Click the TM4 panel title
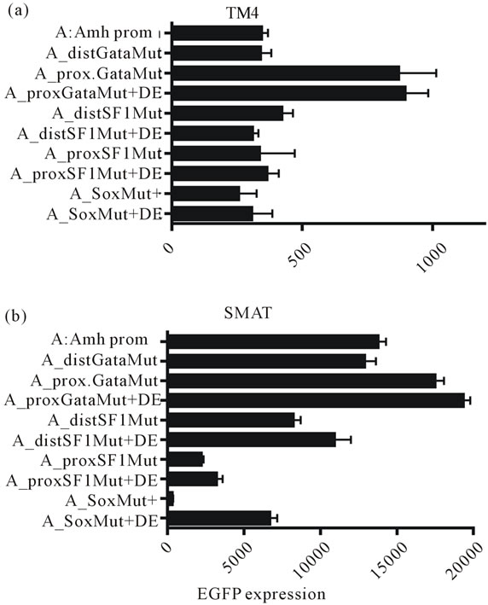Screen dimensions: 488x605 [242, 14]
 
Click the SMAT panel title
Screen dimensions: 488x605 [248, 313]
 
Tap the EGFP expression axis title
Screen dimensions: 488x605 [262, 594]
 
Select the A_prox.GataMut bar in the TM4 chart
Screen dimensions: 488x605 [286, 73]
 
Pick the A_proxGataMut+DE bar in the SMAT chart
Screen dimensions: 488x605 [317, 400]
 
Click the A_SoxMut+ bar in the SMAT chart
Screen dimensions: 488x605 [171, 500]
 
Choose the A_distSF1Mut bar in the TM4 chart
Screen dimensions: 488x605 [228, 113]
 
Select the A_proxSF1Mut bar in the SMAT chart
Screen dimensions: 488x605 [185, 460]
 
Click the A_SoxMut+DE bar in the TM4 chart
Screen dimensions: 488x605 [212, 214]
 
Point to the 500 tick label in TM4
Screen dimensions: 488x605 [301, 255]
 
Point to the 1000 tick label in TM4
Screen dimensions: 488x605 [433, 258]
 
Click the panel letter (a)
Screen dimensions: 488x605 [18, 10]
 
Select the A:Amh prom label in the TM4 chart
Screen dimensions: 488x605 [104, 33]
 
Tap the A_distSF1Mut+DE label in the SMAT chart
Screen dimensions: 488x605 [85, 440]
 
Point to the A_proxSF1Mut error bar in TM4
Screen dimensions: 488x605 [278, 154]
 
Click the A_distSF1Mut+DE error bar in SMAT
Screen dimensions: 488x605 [344, 440]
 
